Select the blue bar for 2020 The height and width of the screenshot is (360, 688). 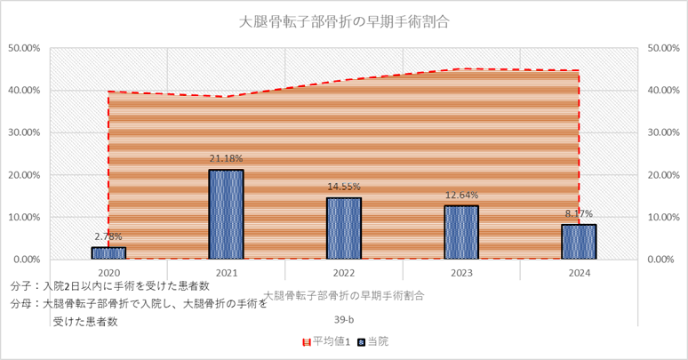point(108,252)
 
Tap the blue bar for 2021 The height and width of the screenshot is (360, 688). point(226,214)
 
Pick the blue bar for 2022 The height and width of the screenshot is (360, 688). point(343,228)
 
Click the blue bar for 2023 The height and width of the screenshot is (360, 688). point(461,232)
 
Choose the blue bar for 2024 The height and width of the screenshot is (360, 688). point(579,242)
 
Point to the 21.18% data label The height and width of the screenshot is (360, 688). point(226,159)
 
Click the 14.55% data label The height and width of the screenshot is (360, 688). point(343,188)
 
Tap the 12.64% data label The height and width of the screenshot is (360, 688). point(461,196)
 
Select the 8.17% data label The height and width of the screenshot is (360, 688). point(579,214)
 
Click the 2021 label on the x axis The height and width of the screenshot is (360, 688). point(226,273)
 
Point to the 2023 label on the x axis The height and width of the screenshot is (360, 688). point(461,273)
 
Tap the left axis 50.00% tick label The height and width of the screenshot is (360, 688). point(23,48)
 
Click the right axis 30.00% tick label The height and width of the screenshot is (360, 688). point(665,132)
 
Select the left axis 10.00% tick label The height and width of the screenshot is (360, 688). point(23,217)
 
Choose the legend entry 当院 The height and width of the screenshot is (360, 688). point(373,340)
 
